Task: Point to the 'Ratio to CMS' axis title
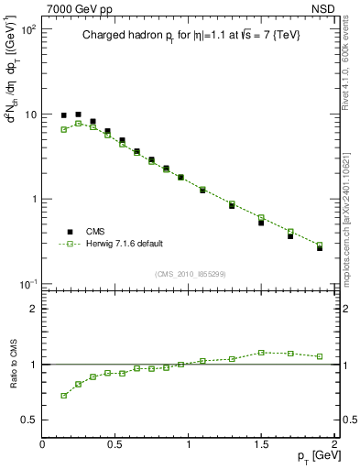point(14,365)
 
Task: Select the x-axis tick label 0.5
point(115,443)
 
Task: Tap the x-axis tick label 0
point(43,443)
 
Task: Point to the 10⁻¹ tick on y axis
point(27,284)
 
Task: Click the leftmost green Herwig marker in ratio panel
point(63,396)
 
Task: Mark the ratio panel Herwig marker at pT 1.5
point(261,352)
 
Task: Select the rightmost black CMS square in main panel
point(320,247)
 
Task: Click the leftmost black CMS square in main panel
point(63,115)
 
